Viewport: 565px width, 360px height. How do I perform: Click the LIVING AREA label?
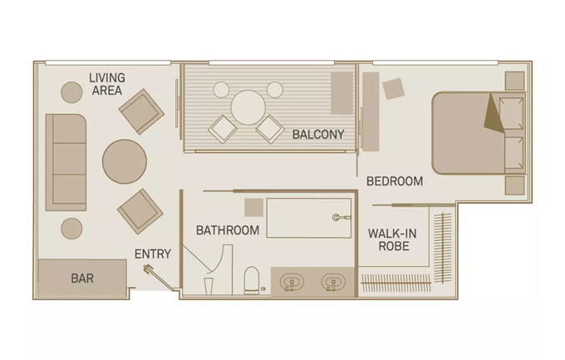click(107, 84)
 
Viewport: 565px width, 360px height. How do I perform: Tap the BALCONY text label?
click(318, 135)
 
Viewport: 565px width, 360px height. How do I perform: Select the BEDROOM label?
click(395, 181)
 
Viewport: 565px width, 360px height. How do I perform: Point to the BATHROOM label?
click(228, 230)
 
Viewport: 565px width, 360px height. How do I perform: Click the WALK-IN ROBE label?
click(393, 240)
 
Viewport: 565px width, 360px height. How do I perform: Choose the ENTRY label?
click(153, 254)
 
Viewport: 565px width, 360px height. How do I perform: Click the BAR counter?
click(82, 278)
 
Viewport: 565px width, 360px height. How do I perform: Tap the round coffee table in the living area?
click(125, 161)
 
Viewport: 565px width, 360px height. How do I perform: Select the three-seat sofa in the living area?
click(66, 162)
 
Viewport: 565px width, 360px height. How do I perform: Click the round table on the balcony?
click(248, 107)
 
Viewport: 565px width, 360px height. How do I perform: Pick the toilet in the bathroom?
click(252, 281)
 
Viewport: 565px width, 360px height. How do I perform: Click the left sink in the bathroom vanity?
click(292, 282)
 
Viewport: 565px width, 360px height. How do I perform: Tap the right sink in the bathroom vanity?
click(333, 282)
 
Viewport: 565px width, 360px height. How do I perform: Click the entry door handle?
click(148, 269)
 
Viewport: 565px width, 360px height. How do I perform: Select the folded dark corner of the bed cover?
click(493, 114)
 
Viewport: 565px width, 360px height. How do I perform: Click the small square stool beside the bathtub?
click(253, 207)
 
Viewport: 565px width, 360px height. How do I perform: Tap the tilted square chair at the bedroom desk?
click(394, 89)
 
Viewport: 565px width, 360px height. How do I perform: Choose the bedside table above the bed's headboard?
click(514, 81)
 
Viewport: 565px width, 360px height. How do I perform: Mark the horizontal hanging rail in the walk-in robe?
click(396, 282)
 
